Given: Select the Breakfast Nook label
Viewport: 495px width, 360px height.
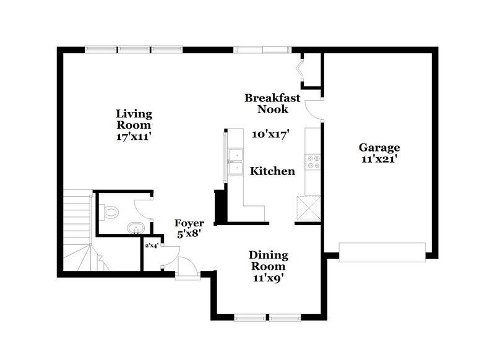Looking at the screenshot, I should [272, 103].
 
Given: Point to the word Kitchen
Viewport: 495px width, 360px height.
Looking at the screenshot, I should [272, 171].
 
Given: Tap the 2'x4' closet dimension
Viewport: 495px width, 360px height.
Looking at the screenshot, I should [152, 246].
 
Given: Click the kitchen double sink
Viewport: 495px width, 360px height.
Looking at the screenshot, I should [235, 162].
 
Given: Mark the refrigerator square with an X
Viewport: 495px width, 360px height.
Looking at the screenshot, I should [308, 208].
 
